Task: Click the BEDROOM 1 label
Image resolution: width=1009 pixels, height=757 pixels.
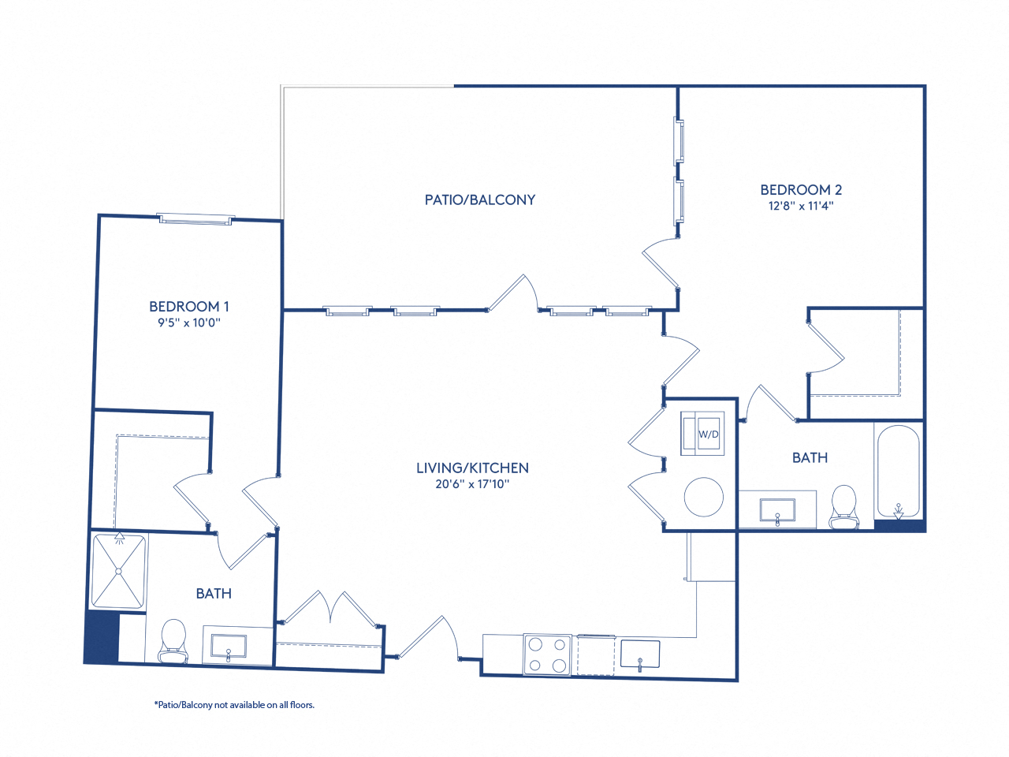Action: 189,306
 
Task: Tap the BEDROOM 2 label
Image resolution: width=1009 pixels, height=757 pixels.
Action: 801,189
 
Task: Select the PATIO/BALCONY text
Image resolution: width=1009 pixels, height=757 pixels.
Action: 479,200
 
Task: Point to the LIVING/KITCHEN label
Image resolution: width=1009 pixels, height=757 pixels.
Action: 472,468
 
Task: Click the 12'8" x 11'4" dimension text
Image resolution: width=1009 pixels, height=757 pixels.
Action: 801,206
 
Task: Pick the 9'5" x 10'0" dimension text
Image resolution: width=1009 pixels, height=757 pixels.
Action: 189,323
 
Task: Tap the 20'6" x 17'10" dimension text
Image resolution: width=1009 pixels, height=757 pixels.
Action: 472,484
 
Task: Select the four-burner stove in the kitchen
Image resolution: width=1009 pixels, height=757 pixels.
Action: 547,654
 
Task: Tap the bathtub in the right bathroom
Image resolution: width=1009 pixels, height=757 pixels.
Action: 898,472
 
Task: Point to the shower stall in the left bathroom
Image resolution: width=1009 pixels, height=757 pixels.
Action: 119,571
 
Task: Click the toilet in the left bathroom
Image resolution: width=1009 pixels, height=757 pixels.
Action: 173,641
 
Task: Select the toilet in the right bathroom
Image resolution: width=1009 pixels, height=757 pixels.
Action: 843,507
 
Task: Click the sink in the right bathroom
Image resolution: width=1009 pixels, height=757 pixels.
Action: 777,511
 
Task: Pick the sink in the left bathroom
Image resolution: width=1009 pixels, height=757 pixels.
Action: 229,647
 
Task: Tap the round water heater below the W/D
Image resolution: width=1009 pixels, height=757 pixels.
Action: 703,497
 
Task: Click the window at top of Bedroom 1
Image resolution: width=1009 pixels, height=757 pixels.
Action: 195,219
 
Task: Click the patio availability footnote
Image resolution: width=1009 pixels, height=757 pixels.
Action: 234,705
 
